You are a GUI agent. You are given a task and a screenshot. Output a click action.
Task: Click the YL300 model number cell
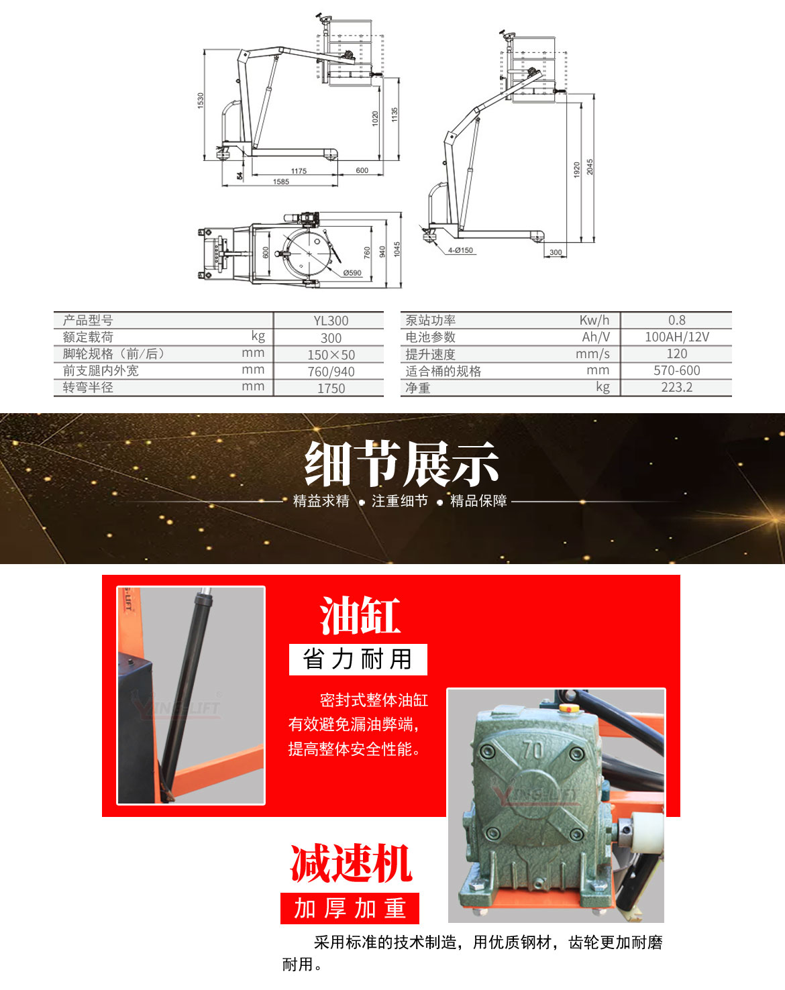331,321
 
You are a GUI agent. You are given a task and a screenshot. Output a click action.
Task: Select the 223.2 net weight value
676,387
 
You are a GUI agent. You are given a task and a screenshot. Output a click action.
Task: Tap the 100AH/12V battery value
676,337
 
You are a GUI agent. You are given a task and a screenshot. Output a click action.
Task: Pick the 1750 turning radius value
331,388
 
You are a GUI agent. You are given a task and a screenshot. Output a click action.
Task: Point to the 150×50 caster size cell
331,355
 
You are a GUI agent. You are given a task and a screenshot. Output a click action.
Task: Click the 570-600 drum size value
676,370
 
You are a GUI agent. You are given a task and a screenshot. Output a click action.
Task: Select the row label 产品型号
88,321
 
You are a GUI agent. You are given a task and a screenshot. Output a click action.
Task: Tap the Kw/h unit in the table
594,320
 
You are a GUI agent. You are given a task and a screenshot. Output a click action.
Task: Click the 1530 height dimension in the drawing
200,101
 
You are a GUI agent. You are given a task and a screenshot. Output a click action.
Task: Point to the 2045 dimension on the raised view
590,167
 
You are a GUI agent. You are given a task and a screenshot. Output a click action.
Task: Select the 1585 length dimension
281,182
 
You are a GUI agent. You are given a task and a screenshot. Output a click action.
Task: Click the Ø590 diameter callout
352,273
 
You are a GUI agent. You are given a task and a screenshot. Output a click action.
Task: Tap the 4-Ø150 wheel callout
461,250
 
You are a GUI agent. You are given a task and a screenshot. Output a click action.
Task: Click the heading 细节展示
401,464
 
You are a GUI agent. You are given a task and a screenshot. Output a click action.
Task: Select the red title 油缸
360,616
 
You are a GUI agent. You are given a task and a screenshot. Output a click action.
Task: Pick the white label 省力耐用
358,659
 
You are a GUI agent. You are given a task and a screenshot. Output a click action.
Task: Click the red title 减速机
350,863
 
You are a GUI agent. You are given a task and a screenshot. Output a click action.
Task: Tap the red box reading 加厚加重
350,908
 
